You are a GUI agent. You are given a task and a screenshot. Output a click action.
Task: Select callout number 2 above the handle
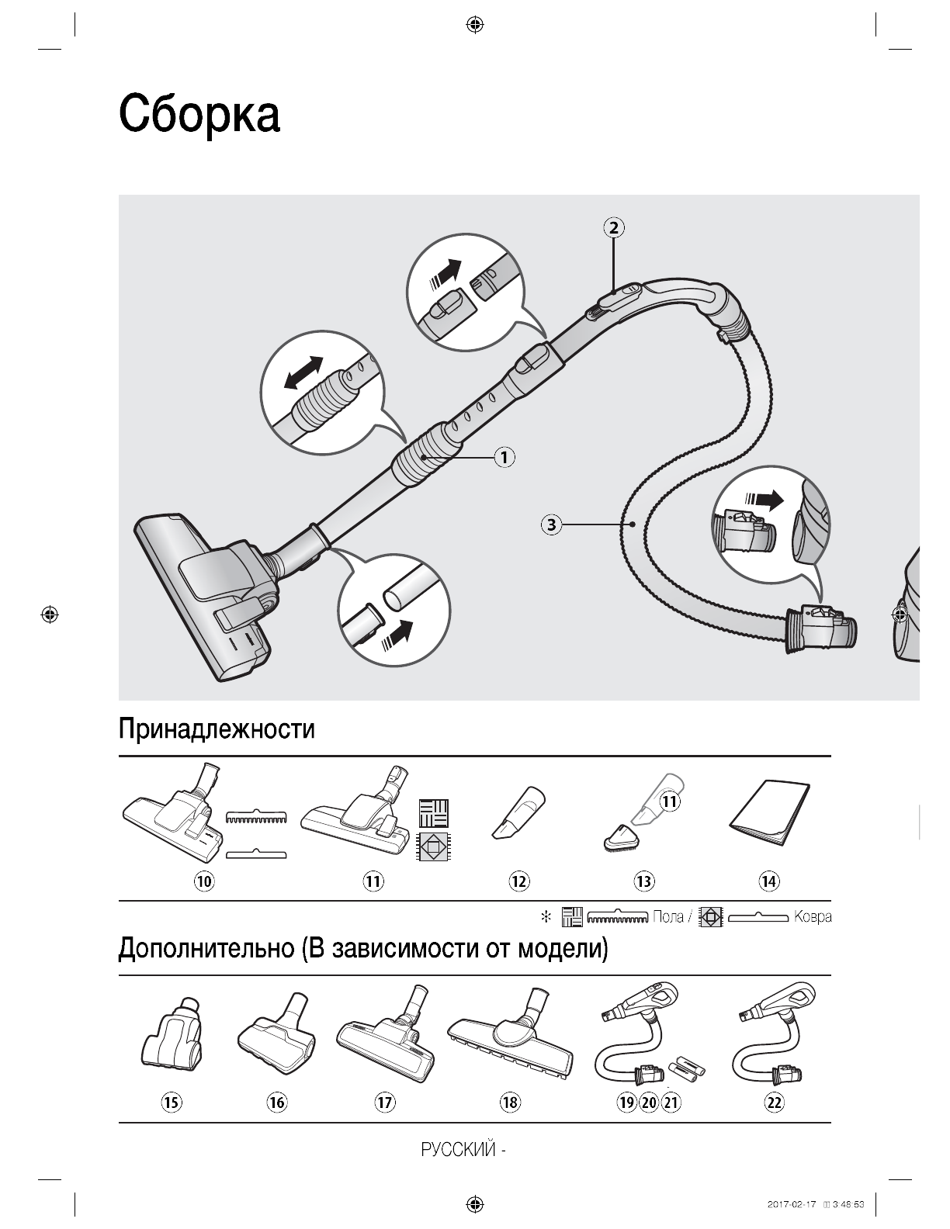pos(613,227)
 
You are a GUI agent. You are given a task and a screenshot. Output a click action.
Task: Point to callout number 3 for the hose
pos(551,524)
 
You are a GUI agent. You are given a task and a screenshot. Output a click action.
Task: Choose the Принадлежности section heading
pos(217,729)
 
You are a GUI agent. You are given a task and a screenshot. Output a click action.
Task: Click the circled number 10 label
pos(205,881)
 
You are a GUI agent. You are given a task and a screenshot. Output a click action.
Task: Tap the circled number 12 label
pos(518,881)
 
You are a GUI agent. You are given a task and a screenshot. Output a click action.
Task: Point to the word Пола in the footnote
pos(668,917)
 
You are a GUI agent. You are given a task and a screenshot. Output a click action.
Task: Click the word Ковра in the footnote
pos(813,917)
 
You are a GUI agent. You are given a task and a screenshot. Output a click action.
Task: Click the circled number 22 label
pos(774,1102)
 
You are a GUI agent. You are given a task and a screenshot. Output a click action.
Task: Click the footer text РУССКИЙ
pos(458,1150)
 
